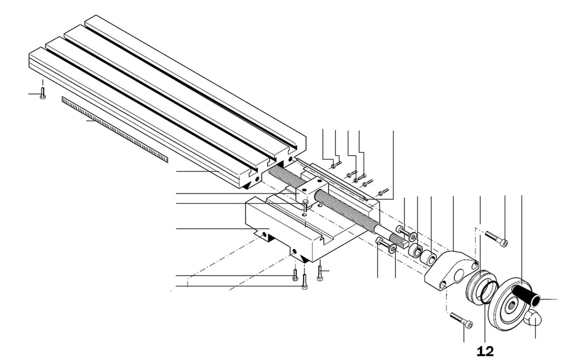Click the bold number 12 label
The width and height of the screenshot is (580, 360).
[485, 351]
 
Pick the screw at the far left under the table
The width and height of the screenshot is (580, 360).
[42, 93]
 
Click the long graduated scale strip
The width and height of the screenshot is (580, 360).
[114, 130]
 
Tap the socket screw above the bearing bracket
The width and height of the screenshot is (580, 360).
[496, 238]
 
